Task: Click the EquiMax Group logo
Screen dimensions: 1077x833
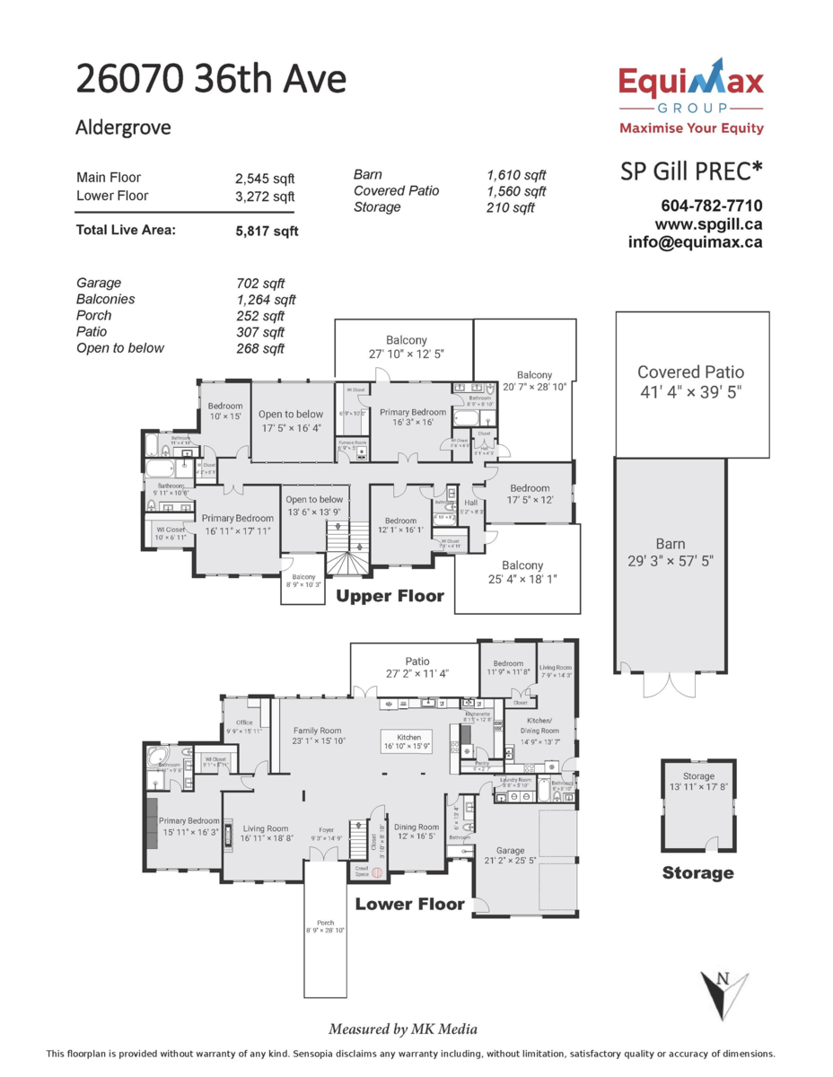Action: (691, 96)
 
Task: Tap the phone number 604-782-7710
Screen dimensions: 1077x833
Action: (711, 206)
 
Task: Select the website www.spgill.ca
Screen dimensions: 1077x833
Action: (708, 223)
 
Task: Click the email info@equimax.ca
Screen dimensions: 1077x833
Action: (695, 241)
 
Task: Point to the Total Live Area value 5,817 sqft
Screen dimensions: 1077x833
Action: (267, 231)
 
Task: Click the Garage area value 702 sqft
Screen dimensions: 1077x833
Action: (259, 283)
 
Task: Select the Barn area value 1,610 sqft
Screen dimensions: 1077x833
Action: (516, 175)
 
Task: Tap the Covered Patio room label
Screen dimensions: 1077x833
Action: (690, 372)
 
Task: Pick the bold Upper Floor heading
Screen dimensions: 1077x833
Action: (390, 595)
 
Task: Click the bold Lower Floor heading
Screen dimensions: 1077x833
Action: (410, 904)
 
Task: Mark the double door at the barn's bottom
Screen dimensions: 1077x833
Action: (669, 684)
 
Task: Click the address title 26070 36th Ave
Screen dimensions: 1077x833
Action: (211, 80)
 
